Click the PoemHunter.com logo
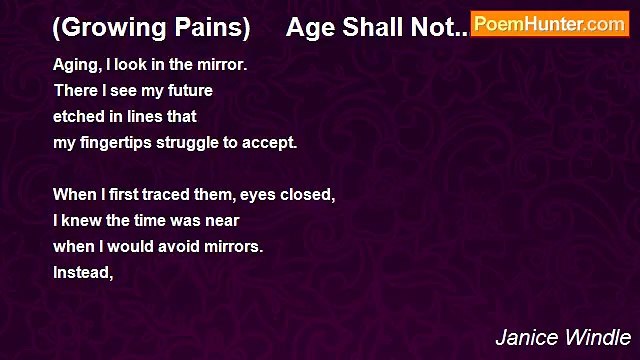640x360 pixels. tap(550, 24)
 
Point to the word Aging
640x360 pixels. tap(75, 65)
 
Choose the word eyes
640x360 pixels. tap(256, 195)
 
